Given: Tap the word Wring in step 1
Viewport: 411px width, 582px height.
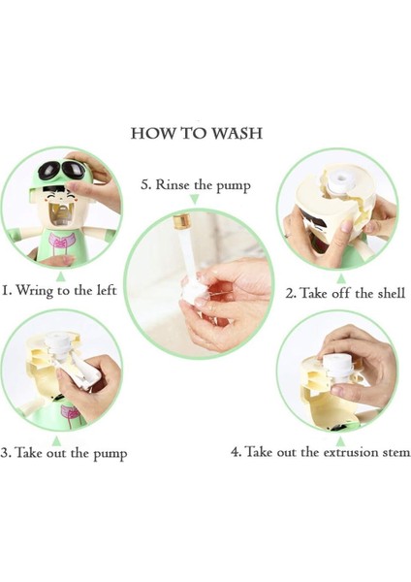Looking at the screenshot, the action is pyautogui.click(x=35, y=290).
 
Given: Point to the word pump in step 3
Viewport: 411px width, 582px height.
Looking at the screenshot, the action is pyautogui.click(x=110, y=454).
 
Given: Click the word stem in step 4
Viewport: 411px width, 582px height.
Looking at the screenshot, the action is pyautogui.click(x=397, y=453).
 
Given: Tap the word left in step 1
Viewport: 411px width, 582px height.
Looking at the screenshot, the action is pyautogui.click(x=107, y=289).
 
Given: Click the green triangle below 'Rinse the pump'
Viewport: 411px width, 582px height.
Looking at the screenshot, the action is pyautogui.click(x=195, y=200).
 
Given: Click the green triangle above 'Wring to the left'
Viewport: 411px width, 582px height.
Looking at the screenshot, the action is pyautogui.click(x=62, y=276).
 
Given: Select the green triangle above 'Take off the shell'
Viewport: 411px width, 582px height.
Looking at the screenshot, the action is pyautogui.click(x=341, y=278).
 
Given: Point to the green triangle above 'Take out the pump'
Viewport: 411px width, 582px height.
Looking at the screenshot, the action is pyautogui.click(x=56, y=441).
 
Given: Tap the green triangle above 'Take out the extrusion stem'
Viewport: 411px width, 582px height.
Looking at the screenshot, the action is pyautogui.click(x=341, y=441).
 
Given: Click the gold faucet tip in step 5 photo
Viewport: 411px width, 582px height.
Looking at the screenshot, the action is pyautogui.click(x=182, y=221).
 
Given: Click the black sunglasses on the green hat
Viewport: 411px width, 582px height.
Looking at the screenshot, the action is pyautogui.click(x=62, y=170).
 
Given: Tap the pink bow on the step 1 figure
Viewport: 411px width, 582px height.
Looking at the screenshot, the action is pyautogui.click(x=59, y=242).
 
